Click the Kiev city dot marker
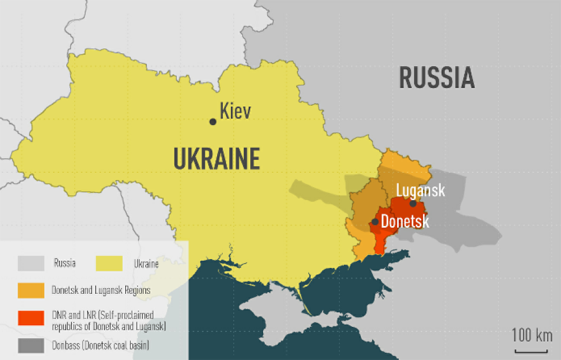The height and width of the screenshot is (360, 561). (x=213, y=122)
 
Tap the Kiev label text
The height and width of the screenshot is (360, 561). (x=235, y=111)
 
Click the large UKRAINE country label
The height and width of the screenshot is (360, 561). (x=217, y=159)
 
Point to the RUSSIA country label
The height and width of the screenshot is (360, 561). (x=437, y=78)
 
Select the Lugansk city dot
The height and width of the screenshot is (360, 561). (x=413, y=203)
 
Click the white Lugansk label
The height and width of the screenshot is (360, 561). (x=420, y=190)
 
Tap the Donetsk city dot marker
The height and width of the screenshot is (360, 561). (x=375, y=222)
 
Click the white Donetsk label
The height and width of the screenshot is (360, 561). (x=404, y=221)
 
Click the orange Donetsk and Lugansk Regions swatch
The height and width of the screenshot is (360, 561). (x=31, y=290)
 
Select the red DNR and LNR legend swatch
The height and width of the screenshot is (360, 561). (x=31, y=318)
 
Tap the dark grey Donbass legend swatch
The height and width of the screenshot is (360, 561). (x=31, y=345)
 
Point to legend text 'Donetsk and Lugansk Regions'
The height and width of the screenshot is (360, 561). (x=100, y=290)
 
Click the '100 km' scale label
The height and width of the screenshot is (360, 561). (x=532, y=336)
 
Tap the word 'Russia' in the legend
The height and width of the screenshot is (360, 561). (x=65, y=263)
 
